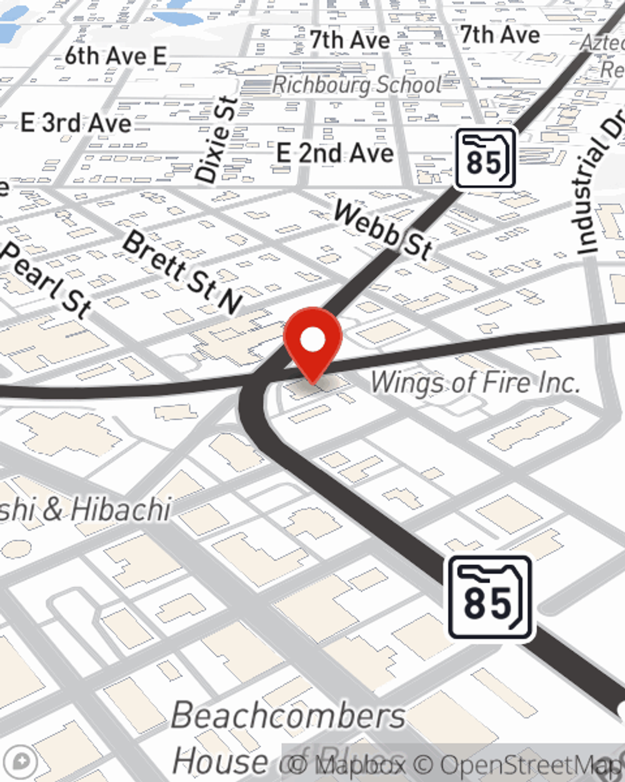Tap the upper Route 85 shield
pos(485,159)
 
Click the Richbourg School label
pos(357,84)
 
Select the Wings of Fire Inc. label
pos(475,382)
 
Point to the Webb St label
pos(382,230)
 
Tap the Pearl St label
pos(47,278)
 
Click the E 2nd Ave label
pos(335,153)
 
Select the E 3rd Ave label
pos(76,123)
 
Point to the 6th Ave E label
pos(116,56)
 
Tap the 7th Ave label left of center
pos(350,41)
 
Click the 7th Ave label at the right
pos(500,35)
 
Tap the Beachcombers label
pos(289,715)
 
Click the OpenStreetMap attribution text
pos(531,764)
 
